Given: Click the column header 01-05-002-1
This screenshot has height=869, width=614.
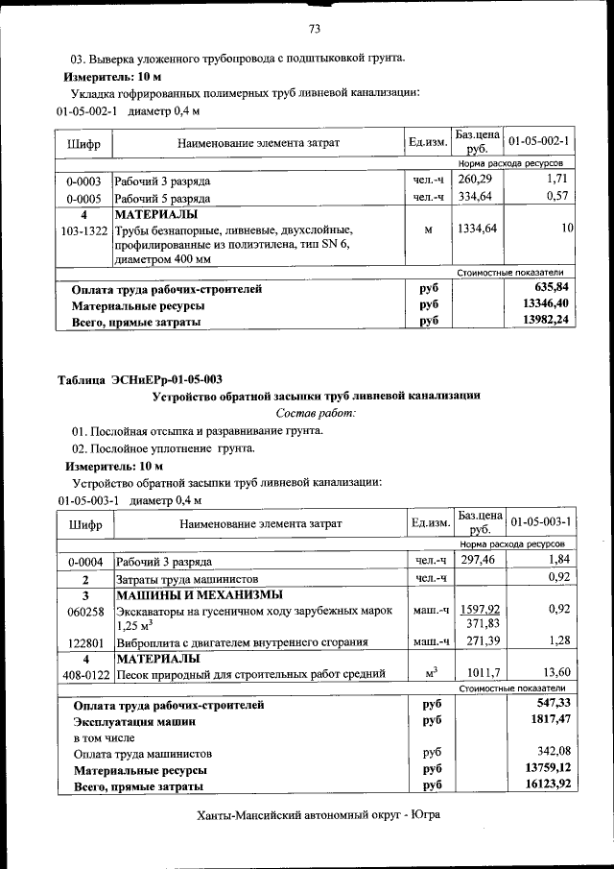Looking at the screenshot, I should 538,142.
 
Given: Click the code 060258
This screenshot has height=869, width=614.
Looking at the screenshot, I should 84,610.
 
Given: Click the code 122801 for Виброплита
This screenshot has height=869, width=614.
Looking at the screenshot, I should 84,640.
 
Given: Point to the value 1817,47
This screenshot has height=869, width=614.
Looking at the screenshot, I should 548,718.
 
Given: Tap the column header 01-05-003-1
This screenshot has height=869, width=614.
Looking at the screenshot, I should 538,522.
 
